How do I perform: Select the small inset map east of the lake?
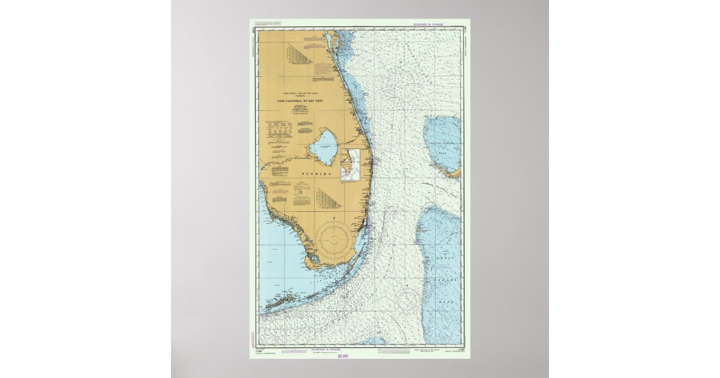(x=350, y=165)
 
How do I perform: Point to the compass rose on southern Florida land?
(x=335, y=239)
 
